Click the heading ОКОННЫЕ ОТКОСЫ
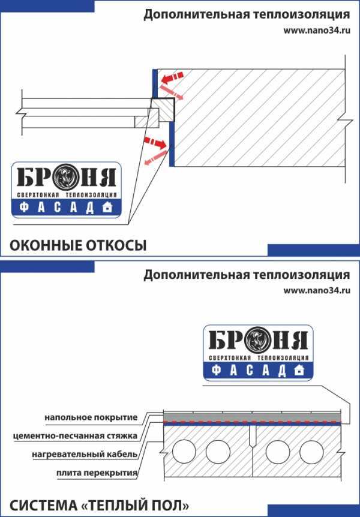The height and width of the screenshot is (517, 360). point(78,246)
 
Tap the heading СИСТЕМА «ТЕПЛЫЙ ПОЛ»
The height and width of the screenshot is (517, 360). point(99,505)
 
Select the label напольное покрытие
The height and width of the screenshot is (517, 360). point(91,417)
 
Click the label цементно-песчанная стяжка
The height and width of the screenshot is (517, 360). point(75,436)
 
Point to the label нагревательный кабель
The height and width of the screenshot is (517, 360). point(85,455)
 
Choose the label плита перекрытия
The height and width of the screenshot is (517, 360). point(97,473)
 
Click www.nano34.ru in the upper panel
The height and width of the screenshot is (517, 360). point(317,31)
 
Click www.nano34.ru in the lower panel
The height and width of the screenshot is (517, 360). point(317,290)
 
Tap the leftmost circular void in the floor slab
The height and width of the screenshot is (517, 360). point(184,452)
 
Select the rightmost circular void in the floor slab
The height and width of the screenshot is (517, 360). point(311,452)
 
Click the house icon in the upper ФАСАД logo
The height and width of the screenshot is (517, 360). point(107,207)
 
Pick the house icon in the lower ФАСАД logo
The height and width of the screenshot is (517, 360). point(299,369)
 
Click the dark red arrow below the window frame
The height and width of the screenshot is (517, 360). point(155,142)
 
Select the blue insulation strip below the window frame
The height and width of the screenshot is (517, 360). point(172,145)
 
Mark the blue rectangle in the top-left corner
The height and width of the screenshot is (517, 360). point(47,6)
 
